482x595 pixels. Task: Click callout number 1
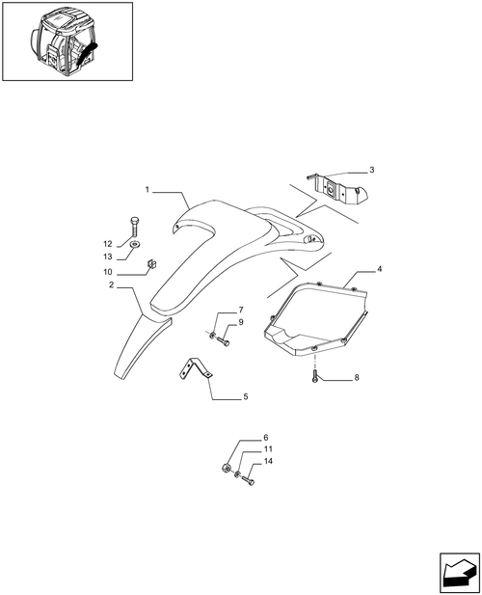[147, 189]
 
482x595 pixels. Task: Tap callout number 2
[111, 284]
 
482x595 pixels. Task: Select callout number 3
[372, 170]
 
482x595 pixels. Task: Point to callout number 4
[379, 269]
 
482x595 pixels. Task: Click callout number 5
[246, 396]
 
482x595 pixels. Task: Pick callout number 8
[357, 378]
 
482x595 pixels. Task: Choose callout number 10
[108, 272]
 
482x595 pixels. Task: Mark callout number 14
[268, 461]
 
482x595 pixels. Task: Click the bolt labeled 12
[134, 227]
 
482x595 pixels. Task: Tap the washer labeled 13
[134, 244]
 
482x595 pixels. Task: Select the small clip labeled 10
[152, 263]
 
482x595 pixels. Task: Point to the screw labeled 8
[315, 376]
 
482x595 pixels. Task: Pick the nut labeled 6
[226, 469]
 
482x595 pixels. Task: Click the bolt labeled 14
[248, 480]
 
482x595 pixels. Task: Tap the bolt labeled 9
[224, 341]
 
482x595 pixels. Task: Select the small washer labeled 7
[213, 335]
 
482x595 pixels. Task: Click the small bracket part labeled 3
[338, 188]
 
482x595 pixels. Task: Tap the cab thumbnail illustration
[67, 41]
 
